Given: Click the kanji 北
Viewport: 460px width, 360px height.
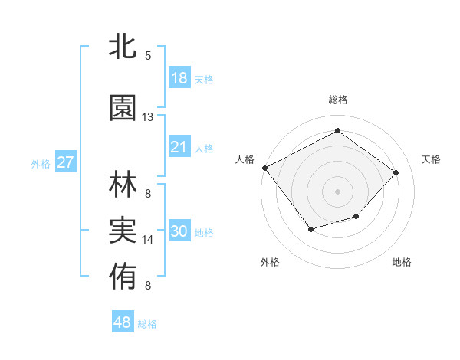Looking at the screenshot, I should [x=123, y=47].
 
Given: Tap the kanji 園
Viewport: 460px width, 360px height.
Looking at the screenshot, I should [x=123, y=109].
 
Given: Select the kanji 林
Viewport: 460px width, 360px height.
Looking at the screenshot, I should [x=123, y=185].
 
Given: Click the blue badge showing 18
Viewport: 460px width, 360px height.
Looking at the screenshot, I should [x=179, y=78].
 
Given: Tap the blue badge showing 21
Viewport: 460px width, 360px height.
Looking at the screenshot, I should [x=179, y=147].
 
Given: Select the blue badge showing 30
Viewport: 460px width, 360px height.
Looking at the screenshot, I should [x=179, y=232].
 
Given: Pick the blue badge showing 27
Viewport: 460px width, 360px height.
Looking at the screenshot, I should [x=66, y=162].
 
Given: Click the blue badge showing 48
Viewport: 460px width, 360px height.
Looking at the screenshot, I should [x=123, y=322].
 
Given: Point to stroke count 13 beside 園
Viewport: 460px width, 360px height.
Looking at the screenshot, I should [x=148, y=117].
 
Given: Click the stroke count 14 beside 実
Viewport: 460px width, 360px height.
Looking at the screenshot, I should [x=148, y=240].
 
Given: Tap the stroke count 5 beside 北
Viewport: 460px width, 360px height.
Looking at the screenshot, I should [x=148, y=56].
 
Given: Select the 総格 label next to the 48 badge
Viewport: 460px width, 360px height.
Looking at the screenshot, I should [x=147, y=324].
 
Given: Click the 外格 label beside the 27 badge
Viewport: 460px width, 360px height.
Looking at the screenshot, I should [x=41, y=163].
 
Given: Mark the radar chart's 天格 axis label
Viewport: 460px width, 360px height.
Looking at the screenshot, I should [x=432, y=159].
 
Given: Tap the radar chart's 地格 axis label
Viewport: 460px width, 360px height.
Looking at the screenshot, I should [x=402, y=262].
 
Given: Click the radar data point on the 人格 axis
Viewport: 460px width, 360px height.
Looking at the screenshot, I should [x=265, y=168].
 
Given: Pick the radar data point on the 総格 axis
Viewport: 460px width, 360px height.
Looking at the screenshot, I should [x=337, y=130].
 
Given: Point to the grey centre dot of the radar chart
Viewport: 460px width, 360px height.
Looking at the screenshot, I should [x=337, y=191].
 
